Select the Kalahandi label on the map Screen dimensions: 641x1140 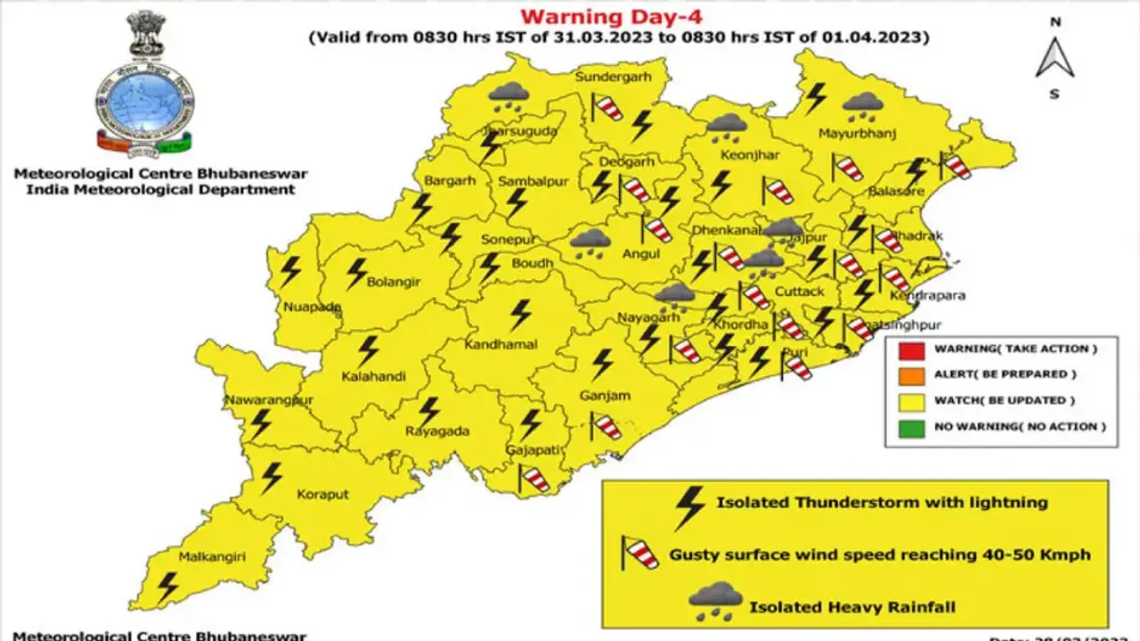pyautogui.click(x=374, y=376)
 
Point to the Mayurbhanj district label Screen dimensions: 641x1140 pyautogui.click(x=856, y=134)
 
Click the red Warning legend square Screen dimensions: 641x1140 pyautogui.click(x=907, y=349)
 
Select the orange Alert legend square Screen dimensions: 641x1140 pyautogui.click(x=907, y=374)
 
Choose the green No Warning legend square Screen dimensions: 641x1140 pyautogui.click(x=907, y=427)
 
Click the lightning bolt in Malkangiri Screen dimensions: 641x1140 pyautogui.click(x=167, y=586)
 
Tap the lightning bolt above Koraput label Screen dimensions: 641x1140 pyautogui.click(x=271, y=477)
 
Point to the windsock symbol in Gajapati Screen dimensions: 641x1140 pyautogui.click(x=533, y=478)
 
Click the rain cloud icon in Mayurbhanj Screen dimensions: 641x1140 pyautogui.click(x=862, y=107)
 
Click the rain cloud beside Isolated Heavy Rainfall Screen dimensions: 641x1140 pyautogui.click(x=715, y=601)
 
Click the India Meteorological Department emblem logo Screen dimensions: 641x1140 pyautogui.click(x=145, y=85)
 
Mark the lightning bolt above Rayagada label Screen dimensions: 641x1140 pyautogui.click(x=430, y=410)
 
